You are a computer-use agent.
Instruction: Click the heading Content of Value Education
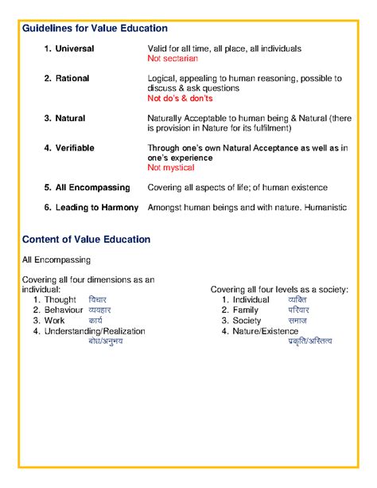(86, 239)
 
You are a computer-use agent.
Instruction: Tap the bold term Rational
(72, 78)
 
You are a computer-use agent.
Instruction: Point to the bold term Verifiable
(76, 147)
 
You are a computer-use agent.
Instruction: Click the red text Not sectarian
(173, 59)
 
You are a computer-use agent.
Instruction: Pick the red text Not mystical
(173, 168)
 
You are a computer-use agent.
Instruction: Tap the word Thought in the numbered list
(60, 299)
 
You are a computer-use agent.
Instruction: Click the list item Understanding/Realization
(95, 330)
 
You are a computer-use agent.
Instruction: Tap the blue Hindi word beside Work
(95, 320)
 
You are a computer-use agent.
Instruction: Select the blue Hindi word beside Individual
(297, 299)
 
